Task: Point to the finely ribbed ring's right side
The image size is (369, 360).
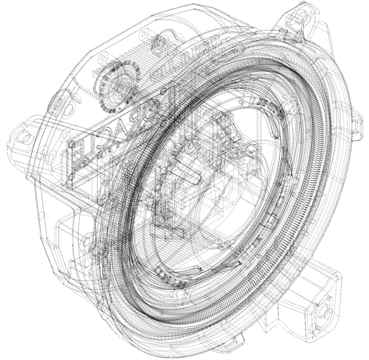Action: (x=318, y=184)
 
